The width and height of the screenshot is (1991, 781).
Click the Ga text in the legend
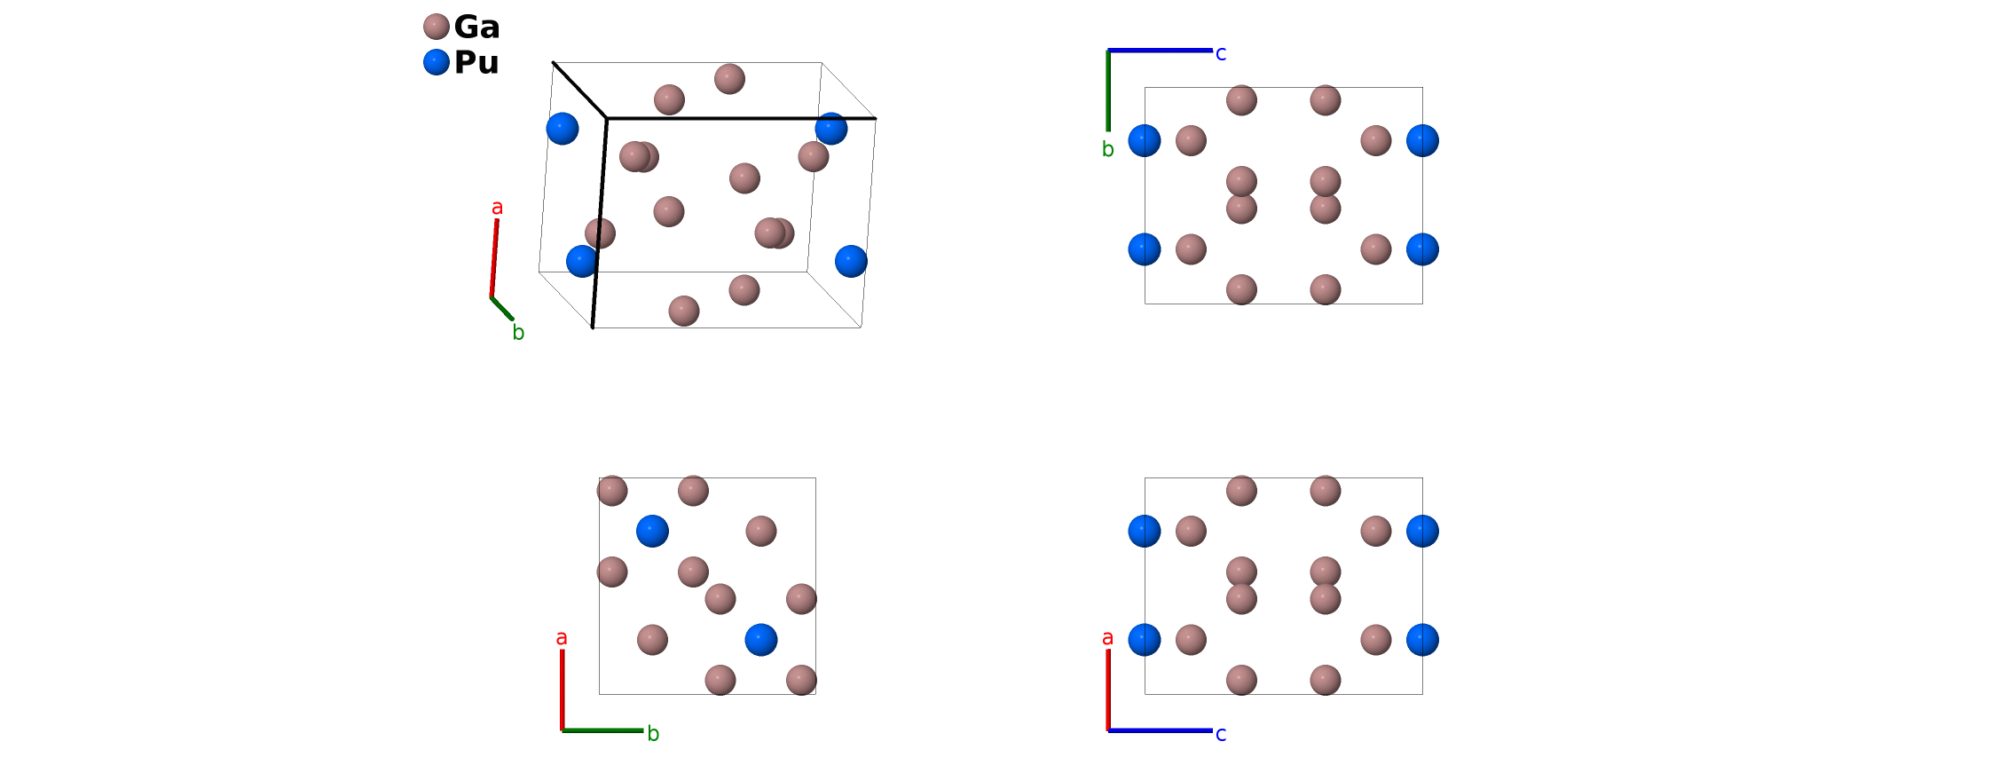tap(476, 28)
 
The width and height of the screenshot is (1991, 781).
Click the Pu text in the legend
tap(476, 63)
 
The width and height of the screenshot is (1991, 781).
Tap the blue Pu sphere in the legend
tap(437, 62)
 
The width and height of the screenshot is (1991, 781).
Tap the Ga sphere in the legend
tap(437, 27)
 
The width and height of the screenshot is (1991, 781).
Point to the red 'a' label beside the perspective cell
tap(497, 208)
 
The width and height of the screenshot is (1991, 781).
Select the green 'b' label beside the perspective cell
tap(518, 333)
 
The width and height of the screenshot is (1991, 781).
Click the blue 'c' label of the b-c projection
tap(1221, 54)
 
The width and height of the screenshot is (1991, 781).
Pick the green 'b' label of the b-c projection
tap(1107, 149)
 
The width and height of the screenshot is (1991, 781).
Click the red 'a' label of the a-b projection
tap(561, 637)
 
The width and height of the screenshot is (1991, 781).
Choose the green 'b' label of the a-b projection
tap(653, 734)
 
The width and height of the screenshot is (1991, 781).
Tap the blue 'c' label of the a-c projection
tap(1221, 734)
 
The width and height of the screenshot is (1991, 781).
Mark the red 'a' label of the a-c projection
tap(1107, 637)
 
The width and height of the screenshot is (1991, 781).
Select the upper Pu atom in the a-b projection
tap(652, 531)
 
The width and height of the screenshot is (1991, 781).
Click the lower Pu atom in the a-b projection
tap(761, 639)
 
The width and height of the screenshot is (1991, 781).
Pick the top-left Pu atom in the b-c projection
tap(1145, 140)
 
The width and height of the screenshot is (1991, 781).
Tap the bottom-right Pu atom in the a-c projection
tap(1422, 639)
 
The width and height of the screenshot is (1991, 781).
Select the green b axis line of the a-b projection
tap(602, 730)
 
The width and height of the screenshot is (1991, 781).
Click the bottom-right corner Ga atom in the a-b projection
tap(801, 680)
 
